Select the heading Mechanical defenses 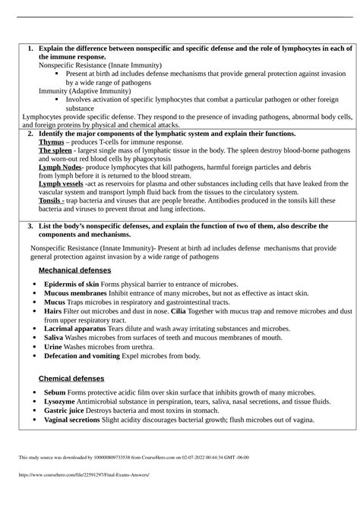(74, 270)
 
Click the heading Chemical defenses (71, 379)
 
